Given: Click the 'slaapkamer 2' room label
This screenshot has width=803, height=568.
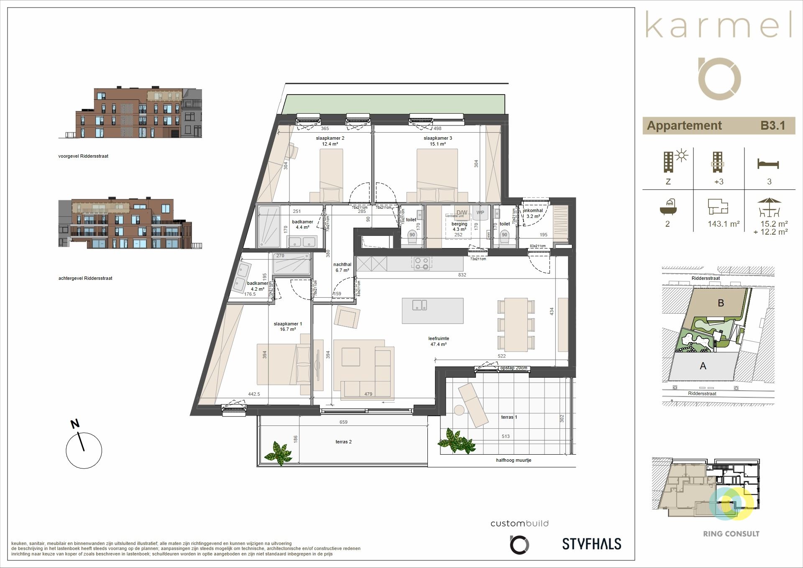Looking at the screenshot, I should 330,138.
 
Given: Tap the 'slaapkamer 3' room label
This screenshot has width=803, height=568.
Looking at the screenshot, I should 437,138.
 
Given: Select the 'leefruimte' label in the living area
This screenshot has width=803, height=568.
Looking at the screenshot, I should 438,338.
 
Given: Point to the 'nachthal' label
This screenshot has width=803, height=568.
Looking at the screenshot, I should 342,264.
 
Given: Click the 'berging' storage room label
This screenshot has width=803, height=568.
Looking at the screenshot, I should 459,224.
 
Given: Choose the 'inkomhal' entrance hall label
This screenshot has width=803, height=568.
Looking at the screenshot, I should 534,210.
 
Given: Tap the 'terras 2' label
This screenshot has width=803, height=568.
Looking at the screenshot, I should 343,442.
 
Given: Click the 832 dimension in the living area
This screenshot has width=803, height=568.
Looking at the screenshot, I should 462,275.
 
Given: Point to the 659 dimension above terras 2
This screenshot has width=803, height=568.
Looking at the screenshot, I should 343,422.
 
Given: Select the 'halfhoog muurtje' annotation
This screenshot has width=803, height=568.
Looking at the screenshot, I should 514,460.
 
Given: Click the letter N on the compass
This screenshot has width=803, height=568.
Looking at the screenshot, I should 75,424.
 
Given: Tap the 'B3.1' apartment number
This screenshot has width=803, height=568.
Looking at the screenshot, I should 772,125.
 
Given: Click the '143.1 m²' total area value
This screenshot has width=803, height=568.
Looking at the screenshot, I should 724,224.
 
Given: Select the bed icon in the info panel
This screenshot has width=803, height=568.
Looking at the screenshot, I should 768,164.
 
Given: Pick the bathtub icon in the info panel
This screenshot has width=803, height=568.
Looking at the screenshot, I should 668,205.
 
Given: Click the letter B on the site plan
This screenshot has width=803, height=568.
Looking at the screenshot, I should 721,303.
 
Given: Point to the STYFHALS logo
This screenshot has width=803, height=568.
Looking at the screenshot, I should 591,544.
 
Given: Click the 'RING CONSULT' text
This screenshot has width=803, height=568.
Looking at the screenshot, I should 731,534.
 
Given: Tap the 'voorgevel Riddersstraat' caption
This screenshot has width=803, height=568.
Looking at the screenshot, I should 83,156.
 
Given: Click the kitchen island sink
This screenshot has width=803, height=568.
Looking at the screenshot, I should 419,305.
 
